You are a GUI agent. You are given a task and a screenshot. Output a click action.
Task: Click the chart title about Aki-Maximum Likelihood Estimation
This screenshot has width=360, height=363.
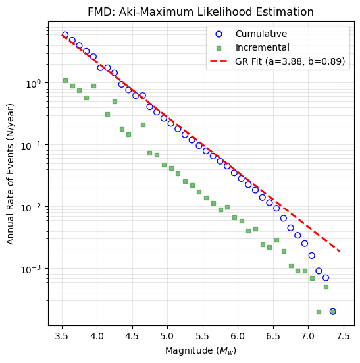click(201, 12)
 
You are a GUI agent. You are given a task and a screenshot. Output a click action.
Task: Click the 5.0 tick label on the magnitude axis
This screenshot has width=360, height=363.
click(167, 336)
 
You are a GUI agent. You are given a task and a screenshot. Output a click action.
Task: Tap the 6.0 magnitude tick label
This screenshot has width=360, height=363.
click(238, 336)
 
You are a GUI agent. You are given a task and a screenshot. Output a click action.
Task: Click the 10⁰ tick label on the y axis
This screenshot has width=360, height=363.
click(34, 84)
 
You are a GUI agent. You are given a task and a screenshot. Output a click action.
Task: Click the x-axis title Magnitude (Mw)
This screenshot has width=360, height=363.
click(201, 351)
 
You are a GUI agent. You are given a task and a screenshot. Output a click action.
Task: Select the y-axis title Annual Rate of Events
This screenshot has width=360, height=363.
click(10, 174)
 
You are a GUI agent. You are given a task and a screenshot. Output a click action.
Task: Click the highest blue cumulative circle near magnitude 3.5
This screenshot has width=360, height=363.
click(65, 35)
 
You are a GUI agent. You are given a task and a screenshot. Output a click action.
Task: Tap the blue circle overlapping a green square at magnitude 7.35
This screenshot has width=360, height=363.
click(333, 312)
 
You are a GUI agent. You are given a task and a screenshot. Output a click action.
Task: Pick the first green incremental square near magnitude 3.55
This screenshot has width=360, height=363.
click(65, 80)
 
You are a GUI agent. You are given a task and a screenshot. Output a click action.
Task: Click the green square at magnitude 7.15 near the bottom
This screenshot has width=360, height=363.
click(319, 312)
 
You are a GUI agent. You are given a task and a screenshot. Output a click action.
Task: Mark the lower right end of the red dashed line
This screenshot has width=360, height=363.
click(340, 252)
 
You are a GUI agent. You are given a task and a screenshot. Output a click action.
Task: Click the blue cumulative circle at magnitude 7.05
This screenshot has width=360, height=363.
click(312, 256)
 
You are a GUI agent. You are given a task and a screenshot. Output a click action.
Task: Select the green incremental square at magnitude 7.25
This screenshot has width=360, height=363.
click(326, 287)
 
